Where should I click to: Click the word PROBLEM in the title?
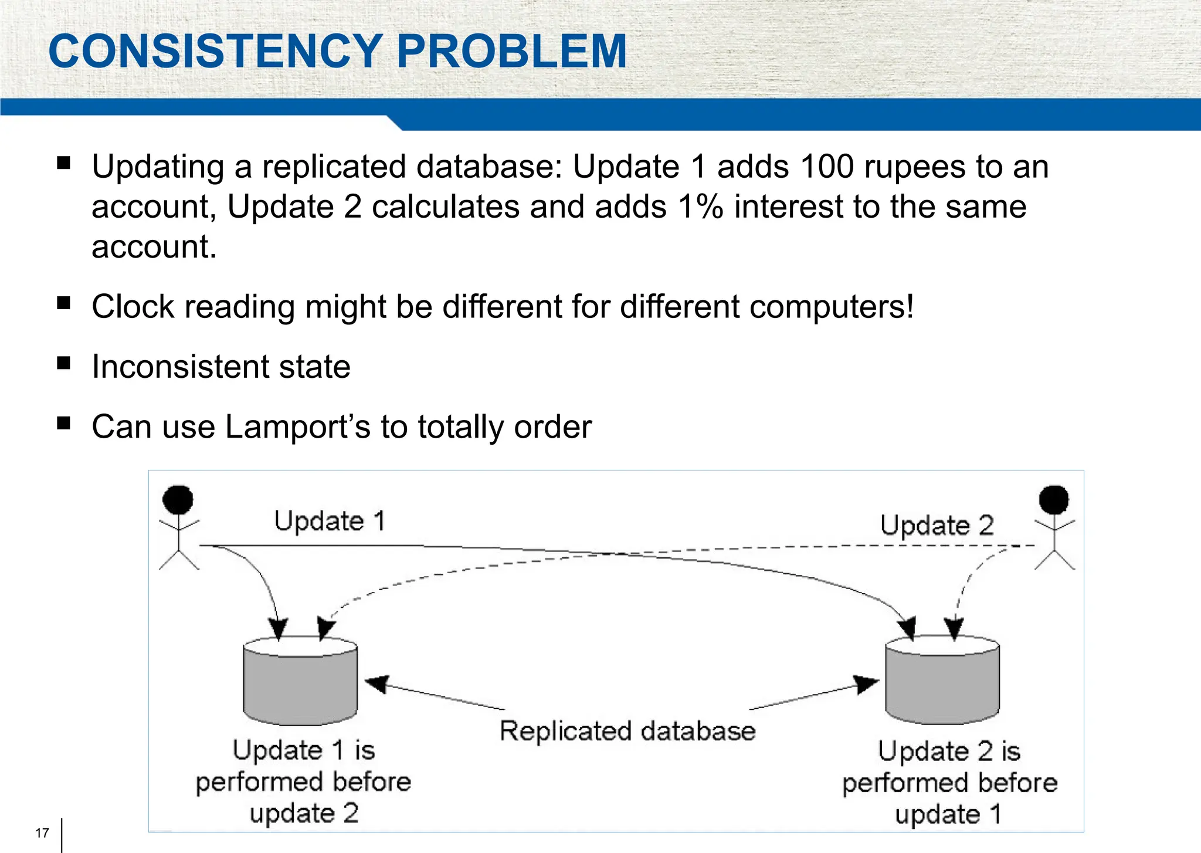tap(511, 52)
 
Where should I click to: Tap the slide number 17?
tap(42, 833)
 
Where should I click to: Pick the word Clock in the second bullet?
tap(133, 307)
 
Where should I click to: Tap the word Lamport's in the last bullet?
tap(298, 426)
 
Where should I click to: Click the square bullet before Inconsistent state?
tap(64, 363)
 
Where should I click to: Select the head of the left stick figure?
tap(178, 499)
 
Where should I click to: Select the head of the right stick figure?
tap(1053, 499)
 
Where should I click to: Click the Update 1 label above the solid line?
tap(330, 521)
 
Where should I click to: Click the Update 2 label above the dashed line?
tap(937, 525)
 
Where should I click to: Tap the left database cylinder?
tap(300, 683)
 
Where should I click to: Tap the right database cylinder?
tap(942, 683)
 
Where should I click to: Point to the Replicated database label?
tap(627, 732)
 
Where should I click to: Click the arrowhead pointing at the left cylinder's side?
tap(376, 683)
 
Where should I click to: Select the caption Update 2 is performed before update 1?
tap(949, 783)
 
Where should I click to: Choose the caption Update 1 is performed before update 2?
tap(303, 781)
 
